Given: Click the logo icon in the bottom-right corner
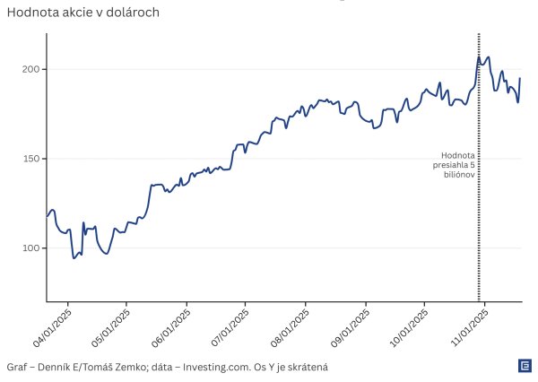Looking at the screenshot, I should point(525,366).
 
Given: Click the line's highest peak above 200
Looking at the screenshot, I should point(480,56).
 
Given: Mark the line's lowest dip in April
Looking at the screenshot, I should point(74,258).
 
